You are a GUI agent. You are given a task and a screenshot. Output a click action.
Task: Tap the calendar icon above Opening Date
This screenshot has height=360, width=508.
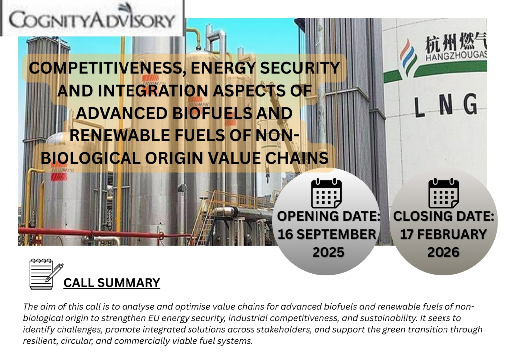[x=326, y=193]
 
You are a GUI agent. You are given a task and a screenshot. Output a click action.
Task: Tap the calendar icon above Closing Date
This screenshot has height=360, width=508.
[x=444, y=193]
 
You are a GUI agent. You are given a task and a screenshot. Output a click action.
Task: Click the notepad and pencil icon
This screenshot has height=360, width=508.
[x=46, y=274]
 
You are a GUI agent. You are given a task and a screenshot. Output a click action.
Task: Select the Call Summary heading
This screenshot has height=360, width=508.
[x=112, y=283]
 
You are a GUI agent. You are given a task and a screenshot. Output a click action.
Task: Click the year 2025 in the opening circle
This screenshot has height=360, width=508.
[x=328, y=252]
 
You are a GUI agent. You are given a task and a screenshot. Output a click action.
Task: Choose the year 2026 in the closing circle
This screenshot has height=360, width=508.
[x=443, y=252]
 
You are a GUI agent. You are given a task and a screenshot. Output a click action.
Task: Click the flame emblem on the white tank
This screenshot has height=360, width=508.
[x=408, y=59]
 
